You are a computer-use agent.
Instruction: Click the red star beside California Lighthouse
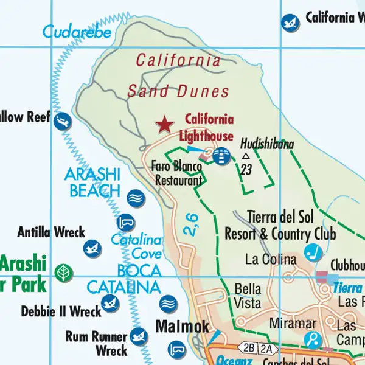click(x=164, y=125)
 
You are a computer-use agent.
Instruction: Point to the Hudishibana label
click(x=267, y=144)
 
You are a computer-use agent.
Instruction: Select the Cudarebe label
click(x=77, y=32)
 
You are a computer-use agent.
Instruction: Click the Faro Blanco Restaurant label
click(x=178, y=173)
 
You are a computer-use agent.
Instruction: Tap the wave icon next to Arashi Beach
click(x=136, y=198)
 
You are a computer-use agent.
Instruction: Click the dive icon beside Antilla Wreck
click(x=92, y=248)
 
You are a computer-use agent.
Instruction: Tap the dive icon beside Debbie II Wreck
click(x=110, y=302)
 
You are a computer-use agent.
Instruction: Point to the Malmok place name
click(x=182, y=326)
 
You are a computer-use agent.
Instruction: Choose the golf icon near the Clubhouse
click(x=313, y=251)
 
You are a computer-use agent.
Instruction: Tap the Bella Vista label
click(x=248, y=295)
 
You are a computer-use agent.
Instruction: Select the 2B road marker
click(x=248, y=348)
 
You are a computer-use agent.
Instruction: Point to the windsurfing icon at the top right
click(x=291, y=23)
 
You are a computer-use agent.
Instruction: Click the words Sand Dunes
click(x=178, y=92)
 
